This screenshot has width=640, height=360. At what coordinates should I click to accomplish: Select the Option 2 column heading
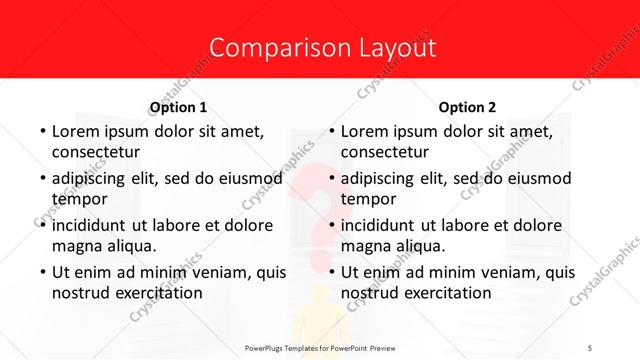[x=468, y=107]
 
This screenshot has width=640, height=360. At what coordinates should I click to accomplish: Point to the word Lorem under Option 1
[x=75, y=131]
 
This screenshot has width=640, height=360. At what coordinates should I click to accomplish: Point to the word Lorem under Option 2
[x=365, y=131]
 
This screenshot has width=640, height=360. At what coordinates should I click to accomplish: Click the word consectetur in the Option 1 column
[x=95, y=152]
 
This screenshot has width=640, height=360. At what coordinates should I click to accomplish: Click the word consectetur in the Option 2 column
[x=385, y=152]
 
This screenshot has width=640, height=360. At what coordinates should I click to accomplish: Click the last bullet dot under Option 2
[x=331, y=272]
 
